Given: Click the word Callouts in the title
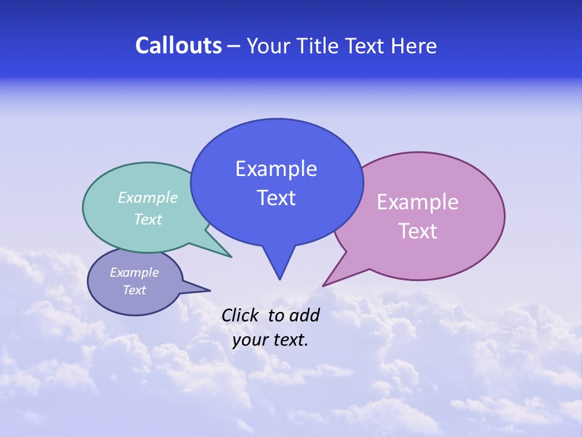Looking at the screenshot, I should [x=178, y=46].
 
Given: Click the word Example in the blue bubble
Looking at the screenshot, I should [x=276, y=169].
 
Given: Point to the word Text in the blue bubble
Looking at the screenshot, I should [x=276, y=198].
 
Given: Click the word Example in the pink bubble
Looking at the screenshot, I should [x=418, y=202].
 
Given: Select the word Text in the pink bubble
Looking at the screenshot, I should [x=418, y=231].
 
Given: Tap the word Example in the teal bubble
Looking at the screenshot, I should [x=148, y=197].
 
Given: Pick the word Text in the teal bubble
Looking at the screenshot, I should [x=148, y=219].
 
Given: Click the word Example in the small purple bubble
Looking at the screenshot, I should [x=134, y=273].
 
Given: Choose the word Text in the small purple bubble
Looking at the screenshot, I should [x=134, y=290].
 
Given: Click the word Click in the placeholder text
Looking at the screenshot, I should [x=240, y=315].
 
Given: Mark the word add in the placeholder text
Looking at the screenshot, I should [x=304, y=315].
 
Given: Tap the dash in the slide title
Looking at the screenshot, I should [x=235, y=46].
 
